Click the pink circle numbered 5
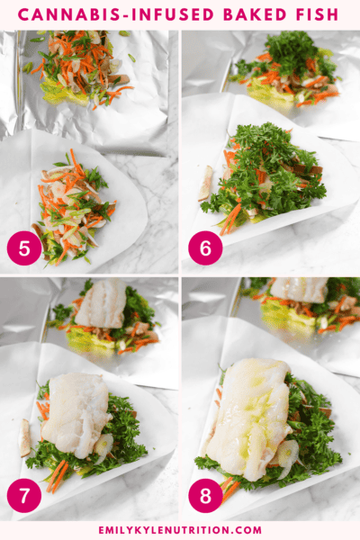pos(24,247)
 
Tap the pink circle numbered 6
pos(205,247)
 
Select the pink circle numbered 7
pos(24,496)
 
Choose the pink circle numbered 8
pos(205,496)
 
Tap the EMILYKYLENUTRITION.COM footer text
pos(180,529)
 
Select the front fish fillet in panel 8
pos(250,416)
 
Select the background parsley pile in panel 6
pos(288,63)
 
